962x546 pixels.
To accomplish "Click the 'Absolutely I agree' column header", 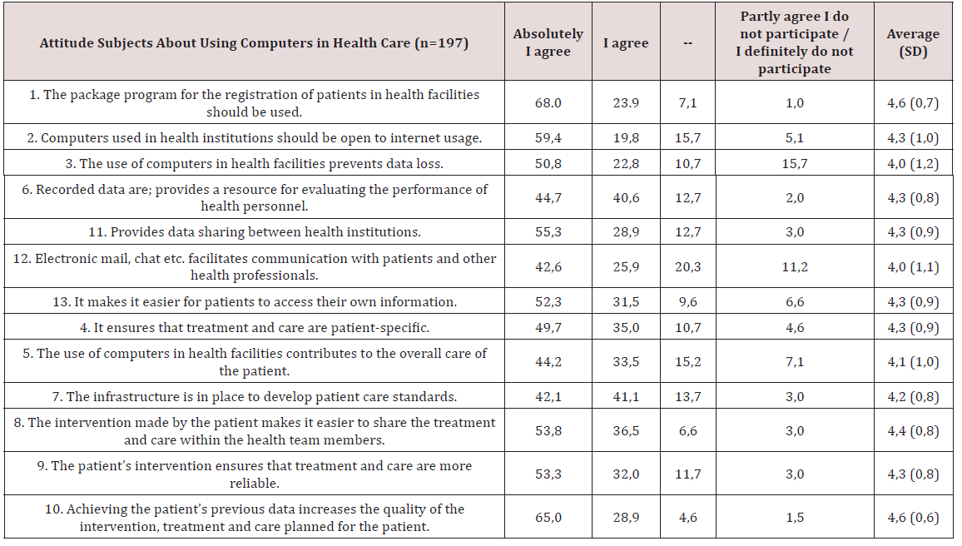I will click(x=548, y=42).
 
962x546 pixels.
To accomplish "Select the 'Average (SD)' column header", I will click(x=912, y=42).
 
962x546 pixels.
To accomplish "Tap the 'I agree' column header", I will click(x=626, y=42).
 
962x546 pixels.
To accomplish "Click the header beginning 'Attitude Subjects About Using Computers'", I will click(x=254, y=42).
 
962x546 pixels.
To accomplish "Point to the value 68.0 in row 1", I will click(x=548, y=103).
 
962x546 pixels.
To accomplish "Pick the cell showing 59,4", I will click(x=548, y=137).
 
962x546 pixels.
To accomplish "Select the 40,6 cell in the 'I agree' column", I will click(x=626, y=197).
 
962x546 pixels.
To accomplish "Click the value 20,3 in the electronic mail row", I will click(x=687, y=267).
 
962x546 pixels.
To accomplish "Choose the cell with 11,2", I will click(x=794, y=267).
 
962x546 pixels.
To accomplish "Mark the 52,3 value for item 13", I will click(x=548, y=301).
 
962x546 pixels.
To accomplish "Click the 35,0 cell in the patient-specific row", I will click(x=626, y=327).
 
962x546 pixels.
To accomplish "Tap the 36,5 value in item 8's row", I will click(x=626, y=431).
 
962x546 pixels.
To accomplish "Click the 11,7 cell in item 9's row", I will click(x=687, y=474).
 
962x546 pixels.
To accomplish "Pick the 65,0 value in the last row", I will click(x=548, y=518).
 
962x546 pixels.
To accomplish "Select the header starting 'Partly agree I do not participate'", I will click(x=794, y=42).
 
